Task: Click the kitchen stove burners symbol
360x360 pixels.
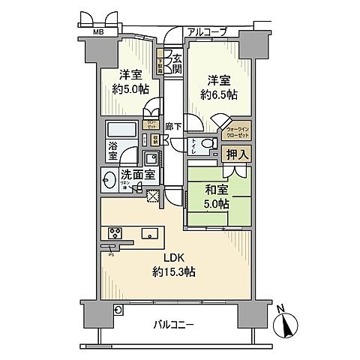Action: click(x=117, y=232)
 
